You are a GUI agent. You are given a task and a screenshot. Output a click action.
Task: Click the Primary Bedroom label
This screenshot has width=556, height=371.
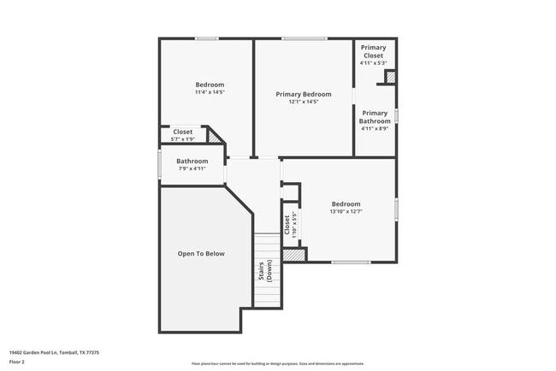pyautogui.click(x=303, y=94)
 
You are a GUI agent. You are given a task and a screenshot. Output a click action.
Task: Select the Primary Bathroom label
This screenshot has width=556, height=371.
pyautogui.click(x=374, y=117)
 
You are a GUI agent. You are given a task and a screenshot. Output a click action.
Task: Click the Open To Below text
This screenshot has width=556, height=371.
pyautogui.click(x=201, y=254)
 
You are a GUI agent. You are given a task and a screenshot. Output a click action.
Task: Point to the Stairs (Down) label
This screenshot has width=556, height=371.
pyautogui.click(x=264, y=272)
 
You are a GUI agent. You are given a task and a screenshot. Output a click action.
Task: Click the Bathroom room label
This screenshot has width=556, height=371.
pyautogui.click(x=192, y=161)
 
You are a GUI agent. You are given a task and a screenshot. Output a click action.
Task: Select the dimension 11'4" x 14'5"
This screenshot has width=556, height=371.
pyautogui.click(x=210, y=92)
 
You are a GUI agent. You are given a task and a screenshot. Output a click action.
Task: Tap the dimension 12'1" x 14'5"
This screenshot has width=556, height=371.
pyautogui.click(x=303, y=102)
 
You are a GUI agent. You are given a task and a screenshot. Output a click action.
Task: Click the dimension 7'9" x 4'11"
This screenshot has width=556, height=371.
pyautogui.click(x=192, y=168)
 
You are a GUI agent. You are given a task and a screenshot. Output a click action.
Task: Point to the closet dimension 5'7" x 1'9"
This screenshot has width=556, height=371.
pyautogui.click(x=183, y=138)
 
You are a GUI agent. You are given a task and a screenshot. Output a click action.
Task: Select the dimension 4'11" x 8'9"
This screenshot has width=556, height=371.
pyautogui.click(x=374, y=129)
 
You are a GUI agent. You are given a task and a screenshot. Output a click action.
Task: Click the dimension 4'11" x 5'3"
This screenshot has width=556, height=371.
pyautogui.click(x=373, y=62)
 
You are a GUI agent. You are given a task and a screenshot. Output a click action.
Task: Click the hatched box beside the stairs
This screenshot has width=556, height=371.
pyautogui.click(x=294, y=255)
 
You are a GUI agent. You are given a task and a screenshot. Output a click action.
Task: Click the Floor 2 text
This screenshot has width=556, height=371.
pyautogui.click(x=16, y=362)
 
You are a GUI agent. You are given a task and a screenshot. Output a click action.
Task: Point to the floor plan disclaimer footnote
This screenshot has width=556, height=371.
pyautogui.click(x=277, y=362)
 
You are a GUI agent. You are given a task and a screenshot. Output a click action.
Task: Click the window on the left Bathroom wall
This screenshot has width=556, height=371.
pyautogui.click(x=159, y=164)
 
